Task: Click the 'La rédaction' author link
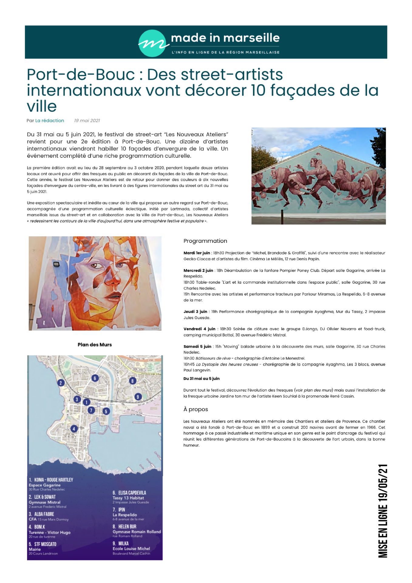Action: coord(49,121)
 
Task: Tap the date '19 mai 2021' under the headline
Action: coord(87,121)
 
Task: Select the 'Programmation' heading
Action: coord(205,241)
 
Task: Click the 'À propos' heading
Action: coord(196,409)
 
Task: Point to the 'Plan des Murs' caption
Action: coord(95,345)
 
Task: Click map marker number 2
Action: coord(61,383)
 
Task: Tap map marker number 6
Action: coord(95,378)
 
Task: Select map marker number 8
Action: coord(132,381)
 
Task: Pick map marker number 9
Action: coord(138,397)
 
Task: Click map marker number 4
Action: coord(74,429)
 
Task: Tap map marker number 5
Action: coord(106,411)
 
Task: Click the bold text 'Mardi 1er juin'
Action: coord(197,253)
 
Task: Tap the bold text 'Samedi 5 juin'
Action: coord(197,346)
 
